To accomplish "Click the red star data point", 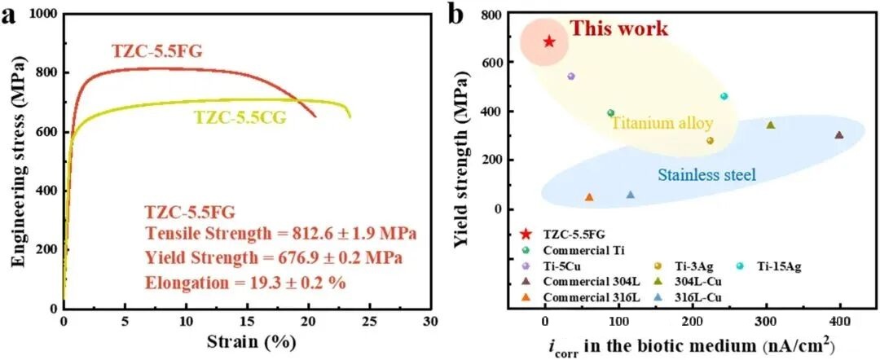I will pyautogui.click(x=549, y=42).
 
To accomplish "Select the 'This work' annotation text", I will pyautogui.click(x=618, y=29).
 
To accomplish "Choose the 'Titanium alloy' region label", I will pyautogui.click(x=662, y=124).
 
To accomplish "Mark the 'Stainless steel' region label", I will pyautogui.click(x=707, y=174).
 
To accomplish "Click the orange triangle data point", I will pyautogui.click(x=589, y=197).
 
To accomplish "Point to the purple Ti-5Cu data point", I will pyautogui.click(x=571, y=76).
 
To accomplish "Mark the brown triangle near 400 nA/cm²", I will pyautogui.click(x=839, y=135).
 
